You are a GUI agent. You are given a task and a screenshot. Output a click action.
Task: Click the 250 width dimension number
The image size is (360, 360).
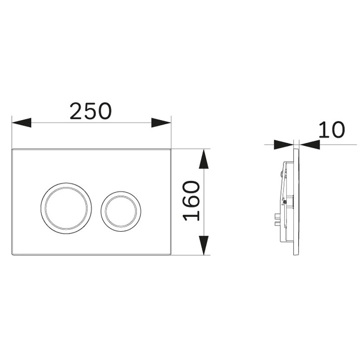point(91,111)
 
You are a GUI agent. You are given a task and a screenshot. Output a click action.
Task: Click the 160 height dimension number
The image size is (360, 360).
point(191,201)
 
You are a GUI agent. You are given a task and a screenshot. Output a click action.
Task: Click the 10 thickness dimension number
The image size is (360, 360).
point(332,130)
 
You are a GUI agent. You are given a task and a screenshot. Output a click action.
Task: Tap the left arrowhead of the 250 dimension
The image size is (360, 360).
point(21,122)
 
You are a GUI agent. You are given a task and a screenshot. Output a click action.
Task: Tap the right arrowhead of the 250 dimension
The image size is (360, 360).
point(161,122)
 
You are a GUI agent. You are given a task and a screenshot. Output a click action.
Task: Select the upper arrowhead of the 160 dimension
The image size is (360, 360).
point(204,159)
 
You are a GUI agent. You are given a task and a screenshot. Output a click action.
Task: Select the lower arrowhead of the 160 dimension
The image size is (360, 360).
point(204,245)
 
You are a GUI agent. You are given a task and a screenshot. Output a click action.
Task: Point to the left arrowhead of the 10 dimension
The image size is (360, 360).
point(284,144)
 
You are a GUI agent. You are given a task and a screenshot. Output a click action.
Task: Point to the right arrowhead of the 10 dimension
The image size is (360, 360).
point(310,144)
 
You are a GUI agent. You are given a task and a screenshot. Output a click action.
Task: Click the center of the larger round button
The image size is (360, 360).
point(66,208)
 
